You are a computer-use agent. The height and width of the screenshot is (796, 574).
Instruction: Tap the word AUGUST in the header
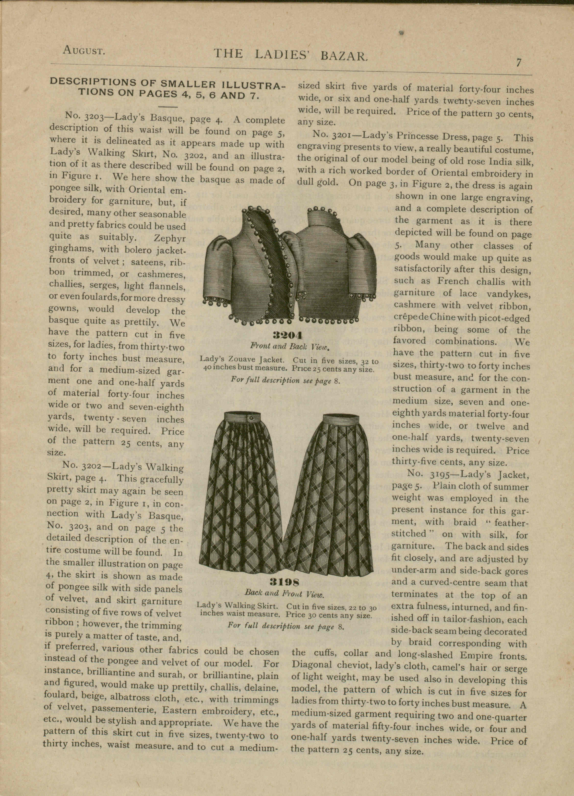[x=84, y=51]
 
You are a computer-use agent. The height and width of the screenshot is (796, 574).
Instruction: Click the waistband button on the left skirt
[x=251, y=418]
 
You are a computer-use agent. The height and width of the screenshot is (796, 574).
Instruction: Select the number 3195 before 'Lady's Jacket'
[x=442, y=474]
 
